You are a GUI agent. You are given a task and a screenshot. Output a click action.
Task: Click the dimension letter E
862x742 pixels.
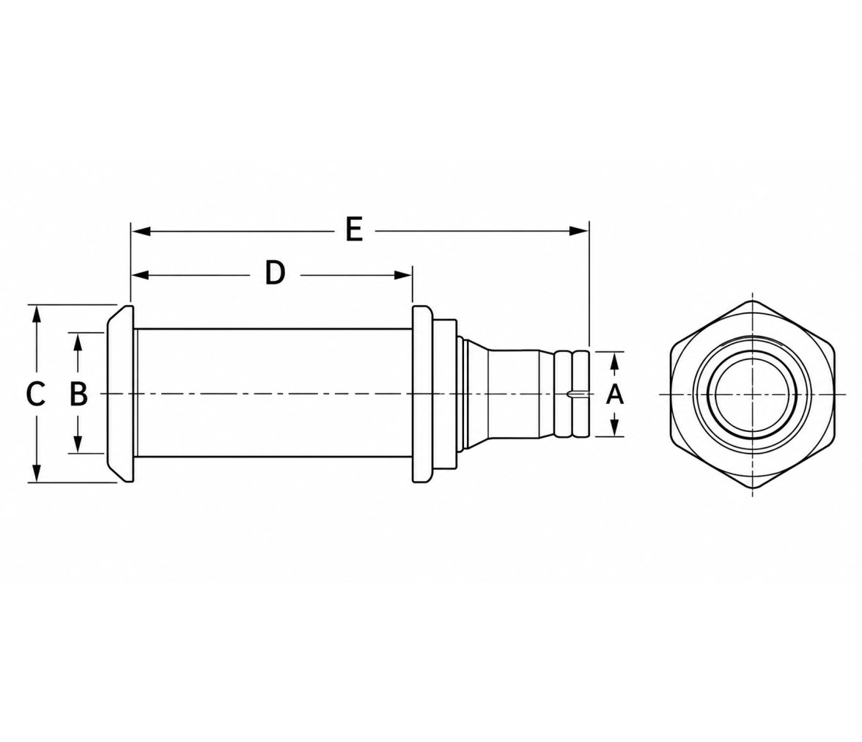click(x=354, y=229)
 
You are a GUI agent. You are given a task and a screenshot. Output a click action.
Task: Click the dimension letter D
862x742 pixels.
click(x=275, y=273)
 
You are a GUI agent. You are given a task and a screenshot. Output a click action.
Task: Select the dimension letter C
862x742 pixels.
click(x=36, y=394)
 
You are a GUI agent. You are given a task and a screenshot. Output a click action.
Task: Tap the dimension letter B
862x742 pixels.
click(x=78, y=394)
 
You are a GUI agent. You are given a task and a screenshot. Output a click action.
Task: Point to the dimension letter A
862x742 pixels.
click(x=614, y=394)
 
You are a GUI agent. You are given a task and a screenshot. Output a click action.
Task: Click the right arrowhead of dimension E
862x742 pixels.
click(x=579, y=231)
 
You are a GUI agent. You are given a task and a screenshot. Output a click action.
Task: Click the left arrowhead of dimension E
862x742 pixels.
click(x=141, y=231)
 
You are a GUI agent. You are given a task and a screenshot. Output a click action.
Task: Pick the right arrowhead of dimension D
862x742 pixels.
click(x=403, y=275)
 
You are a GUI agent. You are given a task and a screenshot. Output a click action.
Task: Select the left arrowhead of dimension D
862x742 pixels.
click(x=141, y=275)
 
